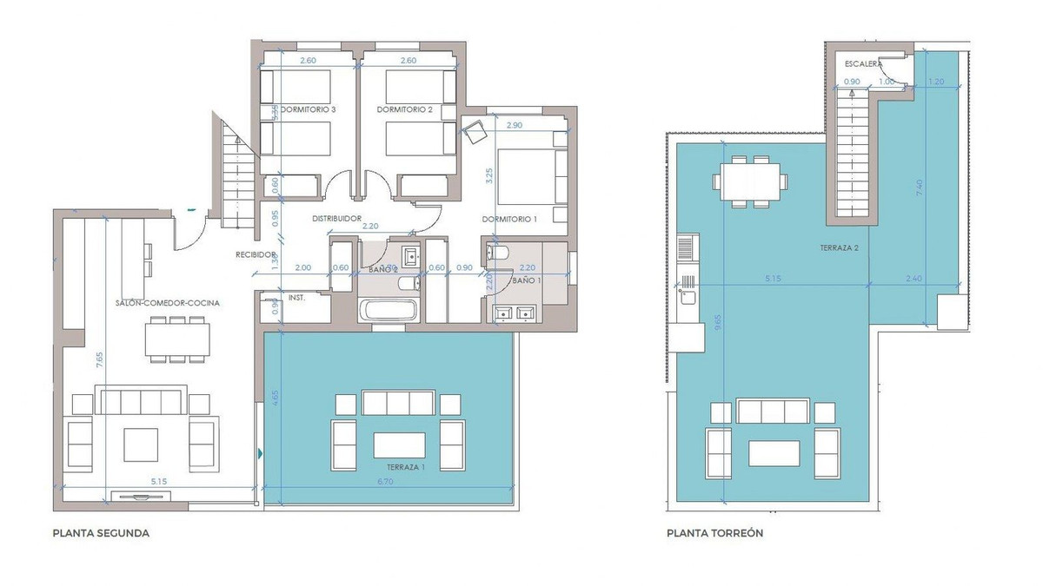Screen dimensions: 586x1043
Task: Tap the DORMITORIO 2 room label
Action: tap(404, 110)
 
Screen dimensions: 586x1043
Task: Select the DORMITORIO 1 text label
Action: tap(509, 220)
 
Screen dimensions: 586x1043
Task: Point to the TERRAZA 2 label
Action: tap(839, 247)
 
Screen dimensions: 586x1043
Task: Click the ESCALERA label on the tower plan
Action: tap(863, 64)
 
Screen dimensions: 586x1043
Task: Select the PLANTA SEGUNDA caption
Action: tap(101, 534)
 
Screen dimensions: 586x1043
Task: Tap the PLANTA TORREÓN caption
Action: tap(714, 534)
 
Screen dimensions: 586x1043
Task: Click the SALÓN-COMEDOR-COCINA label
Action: tap(167, 303)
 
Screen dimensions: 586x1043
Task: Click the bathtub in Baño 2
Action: tap(388, 310)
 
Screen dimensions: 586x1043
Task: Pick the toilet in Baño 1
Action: tap(499, 253)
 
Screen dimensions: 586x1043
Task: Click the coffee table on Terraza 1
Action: tap(399, 444)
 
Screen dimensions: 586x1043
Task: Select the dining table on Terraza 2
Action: tap(747, 181)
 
